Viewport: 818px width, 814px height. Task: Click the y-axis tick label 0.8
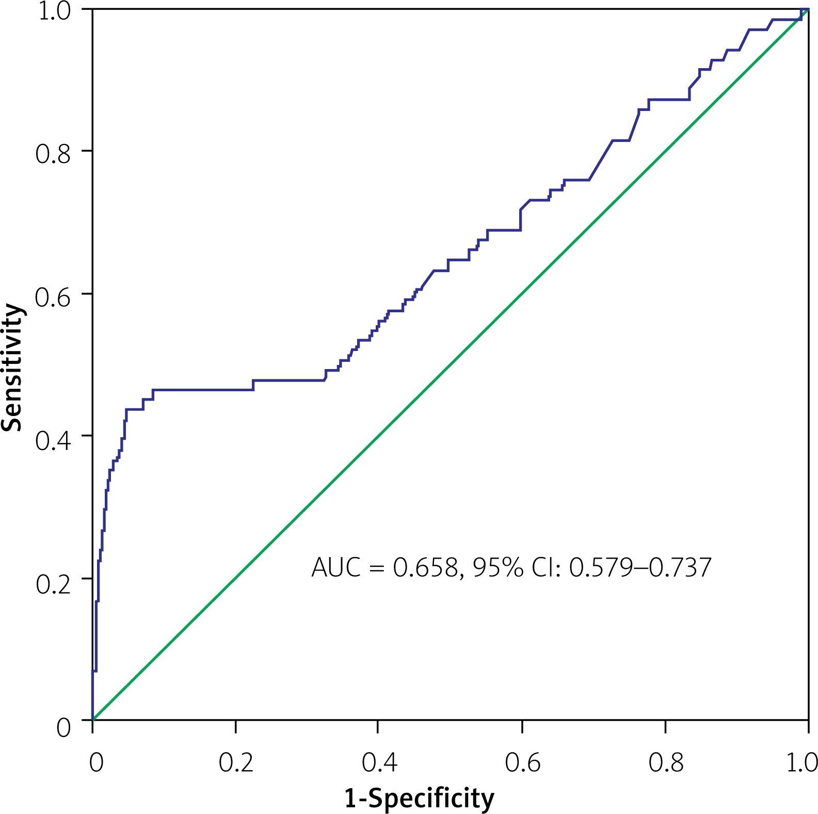point(53,153)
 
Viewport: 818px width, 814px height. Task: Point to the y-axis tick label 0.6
point(53,296)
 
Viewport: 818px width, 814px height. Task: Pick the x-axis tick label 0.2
point(236,762)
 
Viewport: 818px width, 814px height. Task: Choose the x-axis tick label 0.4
point(379,762)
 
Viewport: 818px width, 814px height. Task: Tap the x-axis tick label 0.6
point(522,762)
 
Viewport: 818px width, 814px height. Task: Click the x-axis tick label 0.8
point(666,762)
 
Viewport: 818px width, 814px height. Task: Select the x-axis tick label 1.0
point(801,762)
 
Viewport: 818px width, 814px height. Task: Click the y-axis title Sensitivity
point(12,367)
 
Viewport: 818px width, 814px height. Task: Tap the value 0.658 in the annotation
point(426,568)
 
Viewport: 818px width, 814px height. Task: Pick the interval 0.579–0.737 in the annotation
point(640,567)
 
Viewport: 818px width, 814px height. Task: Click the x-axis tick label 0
point(96,762)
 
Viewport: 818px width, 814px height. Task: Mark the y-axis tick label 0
point(63,727)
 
